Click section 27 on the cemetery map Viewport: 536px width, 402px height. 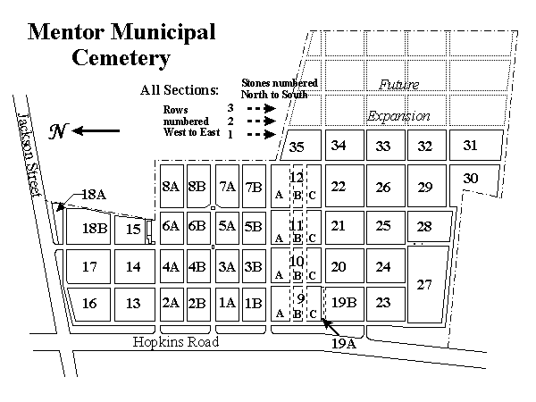tap(427, 284)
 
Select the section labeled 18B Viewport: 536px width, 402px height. tap(88, 227)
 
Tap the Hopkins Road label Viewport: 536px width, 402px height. tap(176, 342)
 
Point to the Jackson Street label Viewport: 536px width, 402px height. tap(29, 155)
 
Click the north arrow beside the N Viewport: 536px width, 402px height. tap(96, 130)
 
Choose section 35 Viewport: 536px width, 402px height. tap(301, 145)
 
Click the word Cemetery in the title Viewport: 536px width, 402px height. tap(121, 58)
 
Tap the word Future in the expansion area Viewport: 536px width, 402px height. tap(399, 84)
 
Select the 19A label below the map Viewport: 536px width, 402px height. tap(344, 343)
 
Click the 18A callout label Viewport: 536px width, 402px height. tap(94, 195)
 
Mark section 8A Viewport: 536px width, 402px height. tap(172, 187)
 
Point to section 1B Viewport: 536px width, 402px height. tap(254, 304)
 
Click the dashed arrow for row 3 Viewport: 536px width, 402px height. tap(262, 109)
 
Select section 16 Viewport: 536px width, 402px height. tap(89, 305)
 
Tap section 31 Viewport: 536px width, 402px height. tap(476, 145)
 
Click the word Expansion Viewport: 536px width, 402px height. tap(398, 116)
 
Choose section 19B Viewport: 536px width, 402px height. tap(344, 304)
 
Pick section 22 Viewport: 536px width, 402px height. tap(344, 186)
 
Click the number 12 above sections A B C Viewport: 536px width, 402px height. tap(297, 177)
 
